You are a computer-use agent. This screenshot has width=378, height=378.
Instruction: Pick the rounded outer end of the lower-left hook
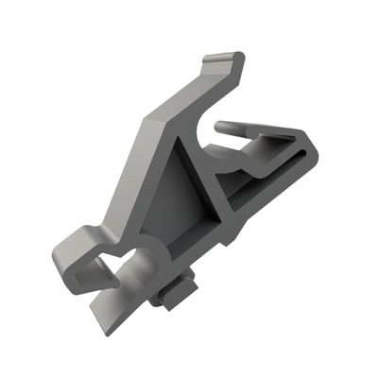tap(60, 255)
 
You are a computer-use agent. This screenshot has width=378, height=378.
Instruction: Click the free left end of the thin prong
tap(220, 126)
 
